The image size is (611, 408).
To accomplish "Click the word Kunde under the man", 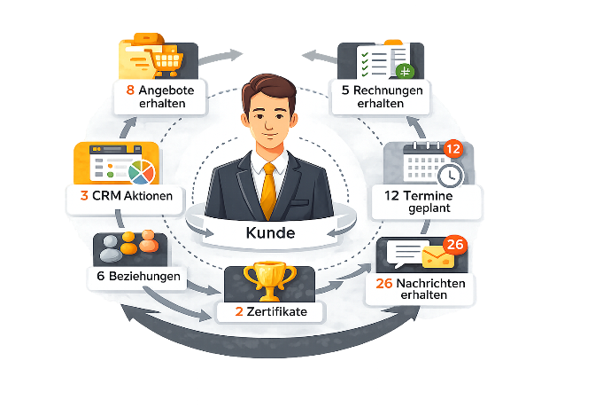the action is pyautogui.click(x=270, y=232).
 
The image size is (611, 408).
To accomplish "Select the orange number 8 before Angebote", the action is pyautogui.click(x=130, y=90).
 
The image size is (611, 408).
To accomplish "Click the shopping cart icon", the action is pyautogui.click(x=166, y=59).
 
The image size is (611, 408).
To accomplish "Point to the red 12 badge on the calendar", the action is pyautogui.click(x=453, y=149).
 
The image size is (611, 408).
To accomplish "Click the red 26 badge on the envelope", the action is pyautogui.click(x=455, y=245).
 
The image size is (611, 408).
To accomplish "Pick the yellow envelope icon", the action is pyautogui.click(x=438, y=257).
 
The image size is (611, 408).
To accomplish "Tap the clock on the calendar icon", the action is pyautogui.click(x=450, y=176).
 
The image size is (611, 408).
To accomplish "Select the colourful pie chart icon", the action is pyautogui.click(x=142, y=172).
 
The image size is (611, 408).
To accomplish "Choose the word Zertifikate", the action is pyautogui.click(x=276, y=311).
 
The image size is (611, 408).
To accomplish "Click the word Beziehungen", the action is pyautogui.click(x=144, y=276).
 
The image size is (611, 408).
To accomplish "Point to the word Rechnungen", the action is pyautogui.click(x=388, y=90).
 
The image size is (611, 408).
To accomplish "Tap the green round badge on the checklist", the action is pyautogui.click(x=406, y=72).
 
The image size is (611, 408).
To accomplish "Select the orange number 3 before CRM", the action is pyautogui.click(x=84, y=195).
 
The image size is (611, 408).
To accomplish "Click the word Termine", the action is pyautogui.click(x=428, y=195).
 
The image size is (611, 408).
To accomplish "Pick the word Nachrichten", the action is pyautogui.click(x=430, y=283).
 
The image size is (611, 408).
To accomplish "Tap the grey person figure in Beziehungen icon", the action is pyautogui.click(x=111, y=248).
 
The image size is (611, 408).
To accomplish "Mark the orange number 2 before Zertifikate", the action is pyautogui.click(x=239, y=311).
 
